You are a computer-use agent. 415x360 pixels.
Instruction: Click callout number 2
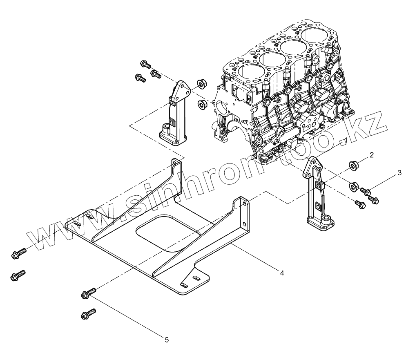point(372,155)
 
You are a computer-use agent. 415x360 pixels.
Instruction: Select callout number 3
point(399,173)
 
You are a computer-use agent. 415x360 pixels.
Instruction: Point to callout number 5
point(167,339)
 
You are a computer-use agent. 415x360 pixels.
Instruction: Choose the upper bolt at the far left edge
point(18,254)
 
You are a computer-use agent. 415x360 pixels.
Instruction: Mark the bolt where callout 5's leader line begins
point(89,293)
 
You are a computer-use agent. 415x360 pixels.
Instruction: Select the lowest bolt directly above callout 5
point(88,314)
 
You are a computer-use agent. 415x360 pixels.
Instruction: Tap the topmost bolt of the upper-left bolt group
point(145,64)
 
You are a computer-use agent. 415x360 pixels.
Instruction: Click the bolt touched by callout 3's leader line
point(366,190)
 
